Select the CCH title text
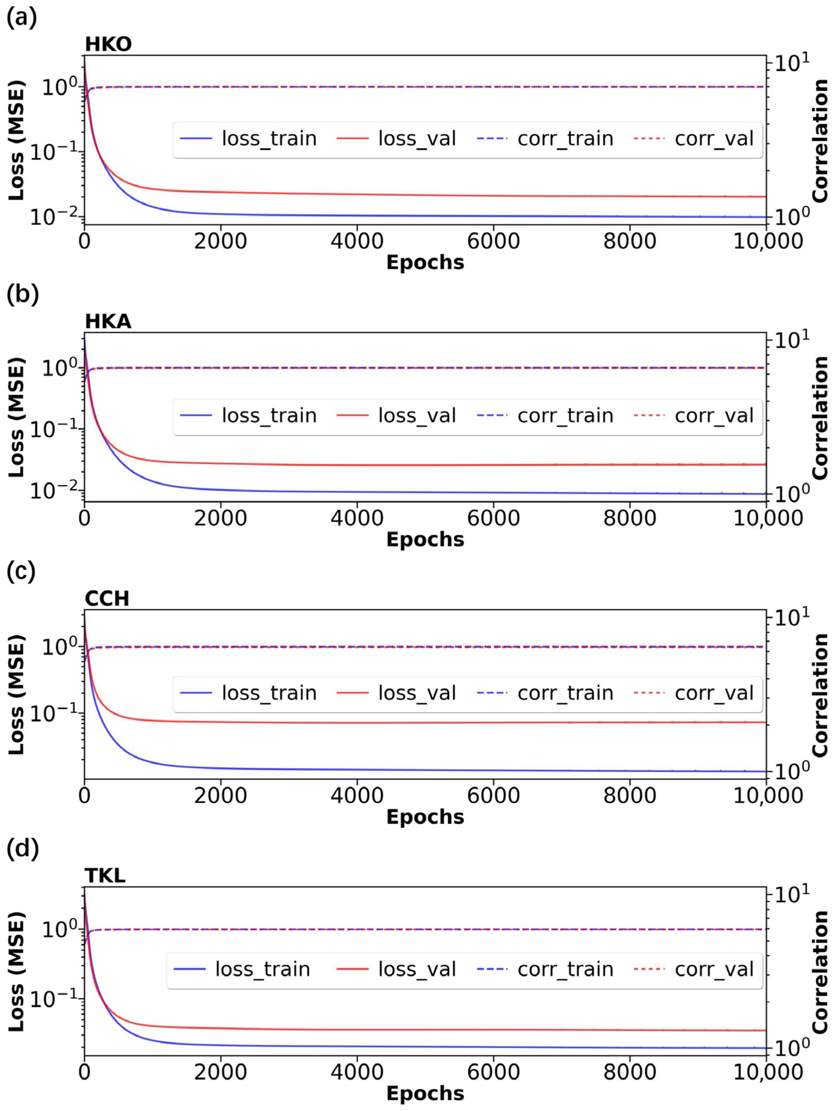pyautogui.click(x=107, y=599)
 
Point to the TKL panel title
pyautogui.click(x=105, y=875)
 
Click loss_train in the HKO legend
pyautogui.click(x=269, y=139)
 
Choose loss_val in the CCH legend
pyautogui.click(x=417, y=693)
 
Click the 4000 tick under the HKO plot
pyautogui.click(x=357, y=242)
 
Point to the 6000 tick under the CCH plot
pyautogui.click(x=493, y=796)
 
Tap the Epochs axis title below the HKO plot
pyautogui.click(x=425, y=263)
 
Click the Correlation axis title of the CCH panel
pyautogui.click(x=820, y=695)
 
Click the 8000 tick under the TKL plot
pyautogui.click(x=629, y=1072)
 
